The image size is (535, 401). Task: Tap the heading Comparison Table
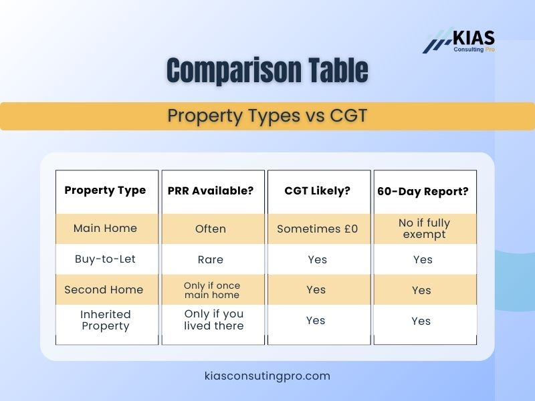pyautogui.click(x=267, y=71)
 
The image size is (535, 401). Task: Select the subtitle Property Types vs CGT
pyautogui.click(x=267, y=116)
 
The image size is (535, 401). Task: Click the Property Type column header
pyautogui.click(x=105, y=190)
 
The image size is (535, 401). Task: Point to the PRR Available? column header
pyautogui.click(x=211, y=191)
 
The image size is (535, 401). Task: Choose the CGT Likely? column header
pyautogui.click(x=318, y=191)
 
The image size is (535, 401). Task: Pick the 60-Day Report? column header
pyautogui.click(x=423, y=191)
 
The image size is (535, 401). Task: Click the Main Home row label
pyautogui.click(x=105, y=229)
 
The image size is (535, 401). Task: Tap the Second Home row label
pyautogui.click(x=104, y=290)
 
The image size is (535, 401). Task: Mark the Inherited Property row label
pyautogui.click(x=105, y=320)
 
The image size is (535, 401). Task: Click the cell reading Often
pyautogui.click(x=211, y=229)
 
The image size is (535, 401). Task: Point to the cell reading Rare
pyautogui.click(x=211, y=259)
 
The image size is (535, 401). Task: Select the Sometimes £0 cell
pyautogui.click(x=318, y=229)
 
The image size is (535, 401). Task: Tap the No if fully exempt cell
pyautogui.click(x=424, y=229)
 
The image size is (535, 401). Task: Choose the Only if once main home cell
pyautogui.click(x=211, y=290)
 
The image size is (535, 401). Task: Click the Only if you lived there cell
pyautogui.click(x=214, y=320)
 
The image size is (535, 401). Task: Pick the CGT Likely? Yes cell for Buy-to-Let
pyautogui.click(x=318, y=259)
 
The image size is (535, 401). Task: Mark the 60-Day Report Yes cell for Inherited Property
pyautogui.click(x=421, y=321)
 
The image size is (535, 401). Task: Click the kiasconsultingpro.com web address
pyautogui.click(x=267, y=376)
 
